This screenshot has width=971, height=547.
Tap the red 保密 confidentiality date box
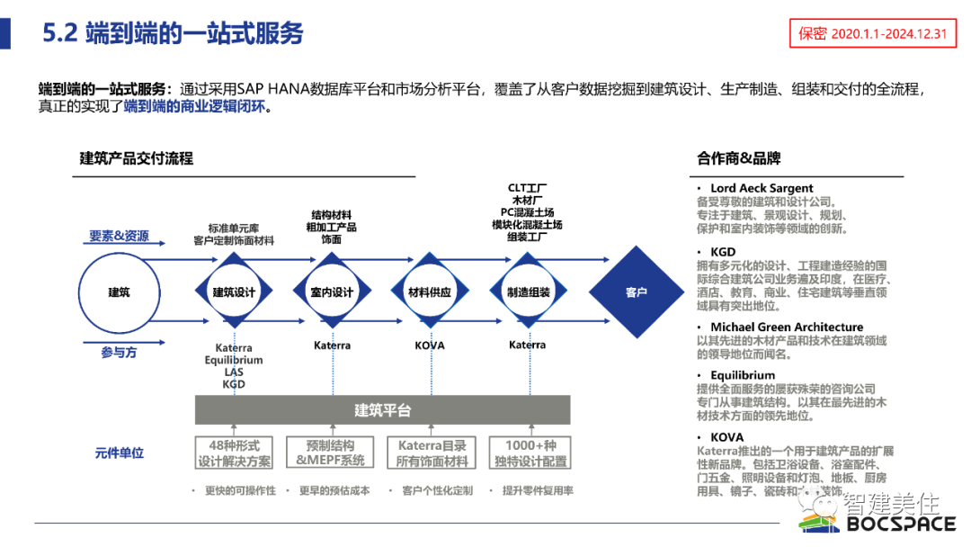pyautogui.click(x=872, y=34)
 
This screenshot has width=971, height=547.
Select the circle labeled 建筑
pyautogui.click(x=119, y=292)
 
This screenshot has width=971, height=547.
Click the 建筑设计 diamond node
pyautogui.click(x=235, y=292)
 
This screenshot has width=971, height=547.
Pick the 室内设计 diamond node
pyautogui.click(x=332, y=292)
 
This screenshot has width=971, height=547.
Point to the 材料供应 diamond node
pyautogui.click(x=430, y=292)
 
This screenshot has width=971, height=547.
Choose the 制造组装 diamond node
pyautogui.click(x=527, y=292)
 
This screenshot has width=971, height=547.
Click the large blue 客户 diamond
pyautogui.click(x=636, y=292)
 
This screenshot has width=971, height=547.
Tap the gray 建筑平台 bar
pyautogui.click(x=382, y=410)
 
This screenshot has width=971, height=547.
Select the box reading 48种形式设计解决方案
pyautogui.click(x=235, y=453)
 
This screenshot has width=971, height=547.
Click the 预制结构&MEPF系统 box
pyautogui.click(x=331, y=453)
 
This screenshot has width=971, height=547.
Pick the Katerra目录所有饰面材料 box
pyautogui.click(x=432, y=453)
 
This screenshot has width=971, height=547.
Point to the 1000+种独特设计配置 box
pyautogui.click(x=530, y=453)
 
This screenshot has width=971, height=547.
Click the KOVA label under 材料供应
pyautogui.click(x=430, y=345)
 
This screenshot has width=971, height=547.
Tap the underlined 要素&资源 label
pyautogui.click(x=119, y=237)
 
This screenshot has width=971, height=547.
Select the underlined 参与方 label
pyautogui.click(x=119, y=354)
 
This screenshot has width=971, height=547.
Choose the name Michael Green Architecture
pyautogui.click(x=787, y=327)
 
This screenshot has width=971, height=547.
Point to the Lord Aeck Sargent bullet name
pyautogui.click(x=762, y=188)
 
